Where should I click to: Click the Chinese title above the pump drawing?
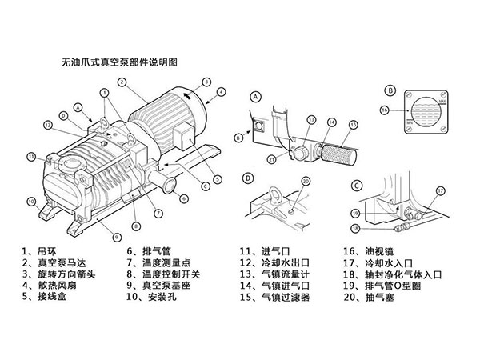pos(119,61)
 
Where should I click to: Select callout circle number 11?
pos(31,156)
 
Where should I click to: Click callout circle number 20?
pos(305,182)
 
